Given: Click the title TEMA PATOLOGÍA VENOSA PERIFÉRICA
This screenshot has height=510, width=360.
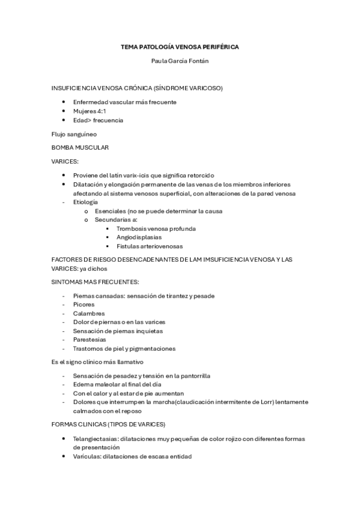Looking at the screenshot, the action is [x=180, y=46].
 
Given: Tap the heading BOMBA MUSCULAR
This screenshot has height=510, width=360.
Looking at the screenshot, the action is [x=80, y=147].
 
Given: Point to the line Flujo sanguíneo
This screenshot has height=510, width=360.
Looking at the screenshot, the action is [x=74, y=134].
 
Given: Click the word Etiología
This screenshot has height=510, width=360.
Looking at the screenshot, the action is [x=85, y=202].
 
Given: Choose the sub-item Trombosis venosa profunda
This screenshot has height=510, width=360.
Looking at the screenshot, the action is [x=156, y=229].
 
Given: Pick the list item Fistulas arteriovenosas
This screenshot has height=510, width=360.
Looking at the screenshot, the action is [x=150, y=246].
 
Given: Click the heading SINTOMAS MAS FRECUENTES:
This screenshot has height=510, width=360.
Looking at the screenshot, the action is [x=95, y=281].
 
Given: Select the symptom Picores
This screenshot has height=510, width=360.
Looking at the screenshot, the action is [x=84, y=304].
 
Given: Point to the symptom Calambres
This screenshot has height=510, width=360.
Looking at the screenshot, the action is [x=88, y=313].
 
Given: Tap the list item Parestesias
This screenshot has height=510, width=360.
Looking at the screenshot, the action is [x=90, y=340].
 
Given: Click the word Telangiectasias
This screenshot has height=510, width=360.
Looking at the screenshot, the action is [x=97, y=439].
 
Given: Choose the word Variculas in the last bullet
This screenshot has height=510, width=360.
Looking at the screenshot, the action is [x=87, y=456].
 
